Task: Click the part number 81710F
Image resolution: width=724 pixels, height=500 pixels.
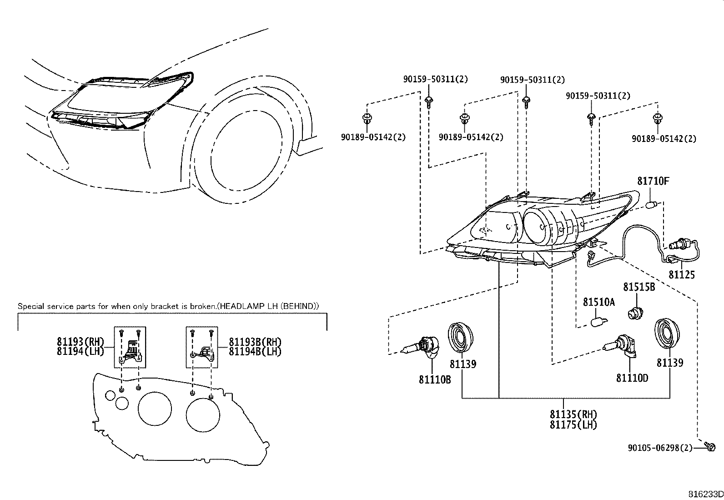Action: [653, 181]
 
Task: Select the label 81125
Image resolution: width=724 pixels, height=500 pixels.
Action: [681, 275]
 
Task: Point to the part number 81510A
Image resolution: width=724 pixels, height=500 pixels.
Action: [598, 302]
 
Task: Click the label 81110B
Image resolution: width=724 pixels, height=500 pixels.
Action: [435, 379]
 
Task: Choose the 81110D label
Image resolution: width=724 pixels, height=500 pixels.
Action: [632, 378]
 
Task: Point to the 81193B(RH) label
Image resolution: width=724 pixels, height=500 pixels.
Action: [255, 342]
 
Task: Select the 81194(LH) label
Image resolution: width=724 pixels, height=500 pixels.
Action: [80, 351]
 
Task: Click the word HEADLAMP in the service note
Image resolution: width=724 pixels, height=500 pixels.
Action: [239, 306]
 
